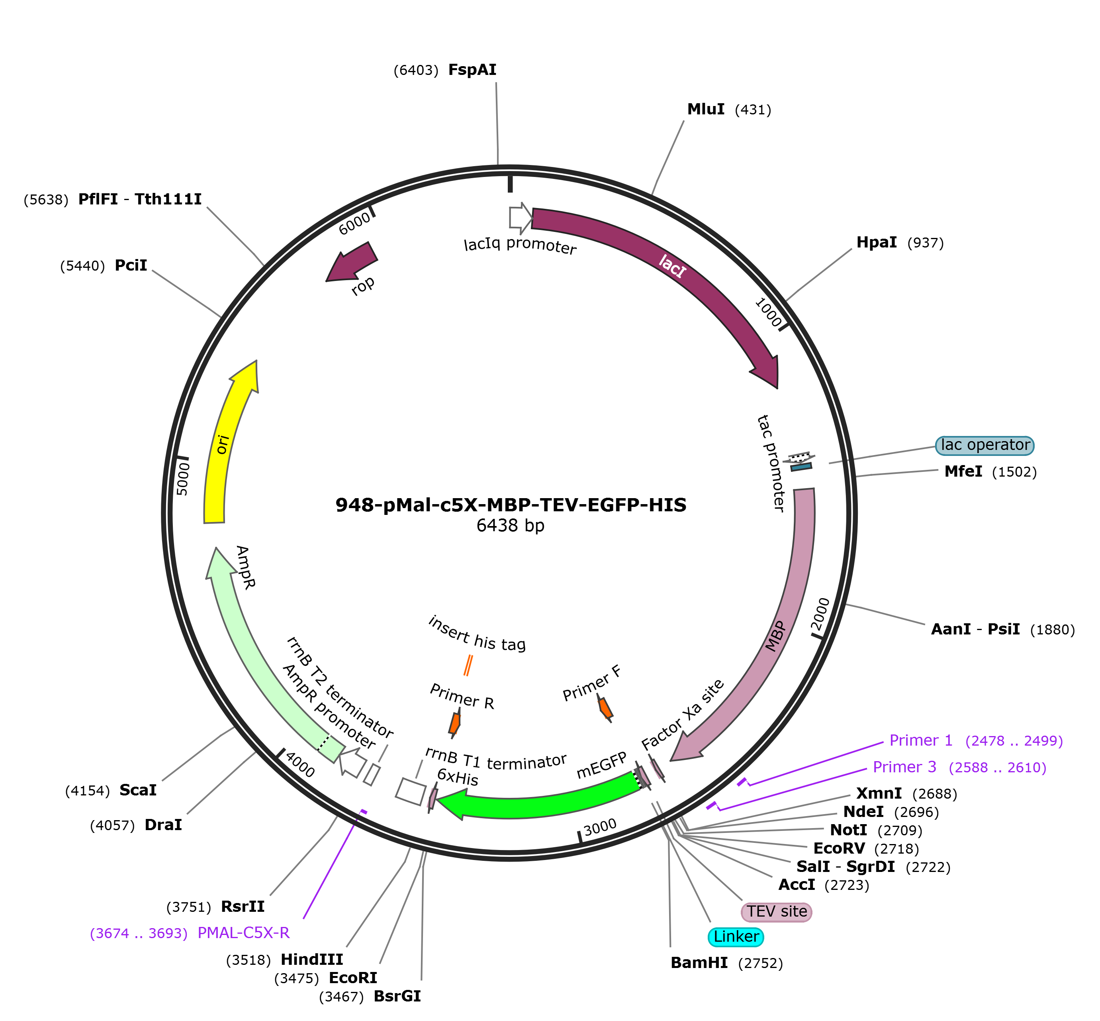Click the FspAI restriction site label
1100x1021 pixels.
(x=472, y=70)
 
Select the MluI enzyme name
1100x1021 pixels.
(x=705, y=109)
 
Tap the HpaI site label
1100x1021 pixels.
(x=876, y=243)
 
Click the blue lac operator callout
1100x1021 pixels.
(x=984, y=445)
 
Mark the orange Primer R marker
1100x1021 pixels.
(x=454, y=723)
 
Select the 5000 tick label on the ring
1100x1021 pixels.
(x=183, y=479)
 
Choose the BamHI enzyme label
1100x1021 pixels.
(x=699, y=962)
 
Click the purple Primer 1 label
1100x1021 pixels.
(x=920, y=740)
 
